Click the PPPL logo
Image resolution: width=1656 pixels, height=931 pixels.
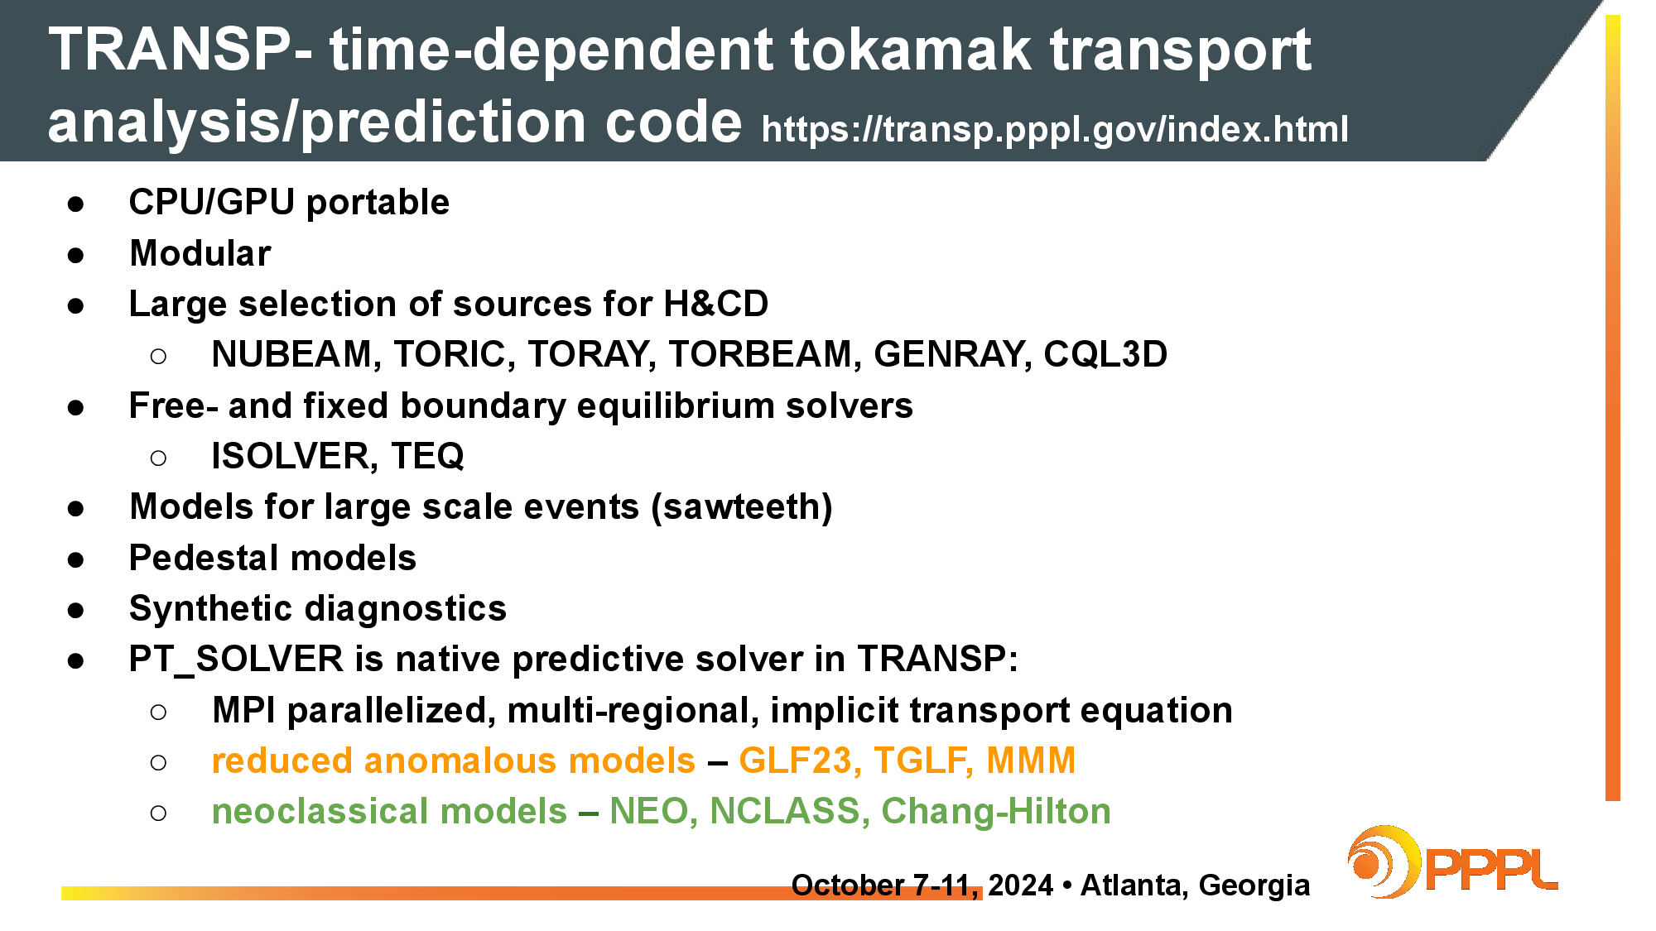[x=1452, y=862]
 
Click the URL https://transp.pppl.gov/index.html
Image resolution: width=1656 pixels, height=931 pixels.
[x=1055, y=129]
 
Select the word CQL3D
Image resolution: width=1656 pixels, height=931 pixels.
[x=1105, y=354]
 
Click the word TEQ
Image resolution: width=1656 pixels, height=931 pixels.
[x=427, y=456]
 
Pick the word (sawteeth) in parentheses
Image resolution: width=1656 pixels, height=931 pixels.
[x=742, y=507]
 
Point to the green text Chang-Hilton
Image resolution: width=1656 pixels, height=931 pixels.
[x=996, y=812]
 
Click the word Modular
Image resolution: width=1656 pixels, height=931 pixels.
[x=200, y=253]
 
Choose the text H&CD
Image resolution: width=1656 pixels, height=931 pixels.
[x=716, y=304]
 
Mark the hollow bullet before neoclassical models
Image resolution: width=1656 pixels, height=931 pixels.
[x=158, y=813]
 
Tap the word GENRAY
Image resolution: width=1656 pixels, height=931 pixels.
[x=953, y=354]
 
